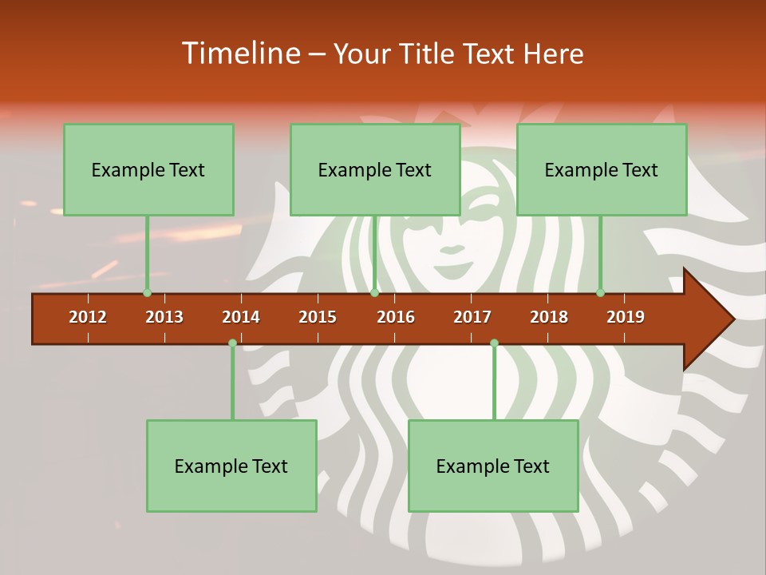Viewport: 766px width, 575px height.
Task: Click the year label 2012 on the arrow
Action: pos(88,317)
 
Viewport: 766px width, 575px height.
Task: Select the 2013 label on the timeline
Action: pos(164,317)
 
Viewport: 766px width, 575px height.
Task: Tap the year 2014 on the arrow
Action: pos(241,317)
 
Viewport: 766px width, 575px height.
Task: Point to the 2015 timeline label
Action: pos(318,317)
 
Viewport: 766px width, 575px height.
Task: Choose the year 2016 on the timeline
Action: pos(396,317)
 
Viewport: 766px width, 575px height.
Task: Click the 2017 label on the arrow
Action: pos(472,317)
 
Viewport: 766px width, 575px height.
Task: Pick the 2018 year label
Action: pos(549,317)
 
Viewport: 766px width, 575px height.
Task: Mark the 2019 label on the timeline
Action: pos(626,317)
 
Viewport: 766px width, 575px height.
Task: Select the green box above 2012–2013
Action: pos(148,169)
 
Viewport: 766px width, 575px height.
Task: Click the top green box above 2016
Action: pos(375,169)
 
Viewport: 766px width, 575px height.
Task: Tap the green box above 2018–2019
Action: pos(602,169)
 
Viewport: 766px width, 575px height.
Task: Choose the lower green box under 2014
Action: pos(231,466)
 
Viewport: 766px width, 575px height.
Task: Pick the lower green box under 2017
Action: pos(493,466)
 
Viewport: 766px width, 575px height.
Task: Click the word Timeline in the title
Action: pos(239,54)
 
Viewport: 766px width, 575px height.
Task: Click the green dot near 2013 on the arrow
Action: pos(147,292)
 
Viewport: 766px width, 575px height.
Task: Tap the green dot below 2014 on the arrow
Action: pos(232,343)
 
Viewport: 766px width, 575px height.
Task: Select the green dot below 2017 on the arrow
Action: pos(494,343)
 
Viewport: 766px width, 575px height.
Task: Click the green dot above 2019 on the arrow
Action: pos(600,292)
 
